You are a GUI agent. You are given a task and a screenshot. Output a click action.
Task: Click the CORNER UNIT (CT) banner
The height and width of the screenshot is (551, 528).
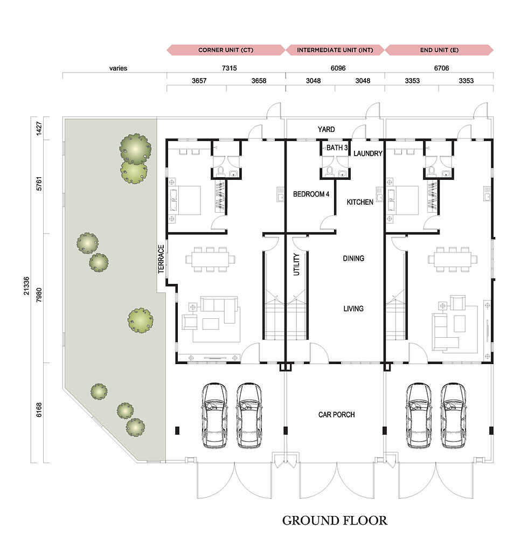pyautogui.click(x=226, y=50)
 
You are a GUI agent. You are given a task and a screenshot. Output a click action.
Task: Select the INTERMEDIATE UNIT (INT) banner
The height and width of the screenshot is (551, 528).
pyautogui.click(x=335, y=50)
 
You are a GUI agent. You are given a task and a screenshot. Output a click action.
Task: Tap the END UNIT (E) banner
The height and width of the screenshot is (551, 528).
pyautogui.click(x=439, y=50)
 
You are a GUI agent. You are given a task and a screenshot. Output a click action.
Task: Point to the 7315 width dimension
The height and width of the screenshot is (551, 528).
pyautogui.click(x=229, y=68)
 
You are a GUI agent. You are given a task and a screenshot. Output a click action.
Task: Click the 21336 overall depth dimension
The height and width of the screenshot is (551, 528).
pyautogui.click(x=26, y=285)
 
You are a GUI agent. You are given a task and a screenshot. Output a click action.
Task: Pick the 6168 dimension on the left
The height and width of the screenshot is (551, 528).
pyautogui.click(x=39, y=410)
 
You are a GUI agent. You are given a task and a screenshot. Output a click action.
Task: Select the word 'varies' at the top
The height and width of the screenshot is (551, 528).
pyautogui.click(x=118, y=68)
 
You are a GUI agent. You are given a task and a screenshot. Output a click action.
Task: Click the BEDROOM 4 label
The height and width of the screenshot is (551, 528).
pyautogui.click(x=311, y=194)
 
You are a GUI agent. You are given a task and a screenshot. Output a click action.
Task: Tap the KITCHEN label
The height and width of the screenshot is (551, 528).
pyautogui.click(x=360, y=202)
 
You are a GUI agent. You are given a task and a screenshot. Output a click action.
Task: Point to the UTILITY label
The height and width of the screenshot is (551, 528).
pyautogui.click(x=296, y=264)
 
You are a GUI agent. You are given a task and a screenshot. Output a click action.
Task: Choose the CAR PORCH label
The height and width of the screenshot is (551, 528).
pyautogui.click(x=336, y=415)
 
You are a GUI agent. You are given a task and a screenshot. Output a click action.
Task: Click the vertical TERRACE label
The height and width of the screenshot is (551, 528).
pyautogui.click(x=161, y=259)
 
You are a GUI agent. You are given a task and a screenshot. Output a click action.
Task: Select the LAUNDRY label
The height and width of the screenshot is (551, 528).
pyautogui.click(x=367, y=154)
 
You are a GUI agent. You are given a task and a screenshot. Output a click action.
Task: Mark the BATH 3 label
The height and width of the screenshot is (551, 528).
pyautogui.click(x=337, y=148)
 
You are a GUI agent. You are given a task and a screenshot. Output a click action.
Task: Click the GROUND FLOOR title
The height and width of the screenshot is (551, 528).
pyautogui.click(x=335, y=520)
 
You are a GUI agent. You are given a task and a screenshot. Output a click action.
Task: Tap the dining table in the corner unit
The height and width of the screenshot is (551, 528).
pyautogui.click(x=210, y=260)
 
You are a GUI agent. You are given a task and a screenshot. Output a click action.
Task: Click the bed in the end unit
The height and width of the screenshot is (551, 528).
pyautogui.click(x=402, y=200)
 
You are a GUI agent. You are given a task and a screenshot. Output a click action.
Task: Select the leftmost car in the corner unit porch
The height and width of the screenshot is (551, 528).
pyautogui.click(x=214, y=415)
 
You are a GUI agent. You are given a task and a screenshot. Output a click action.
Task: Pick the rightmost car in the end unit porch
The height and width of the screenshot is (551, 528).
pyautogui.click(x=453, y=415)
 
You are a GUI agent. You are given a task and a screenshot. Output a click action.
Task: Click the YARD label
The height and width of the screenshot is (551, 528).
pyautogui.click(x=326, y=129)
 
